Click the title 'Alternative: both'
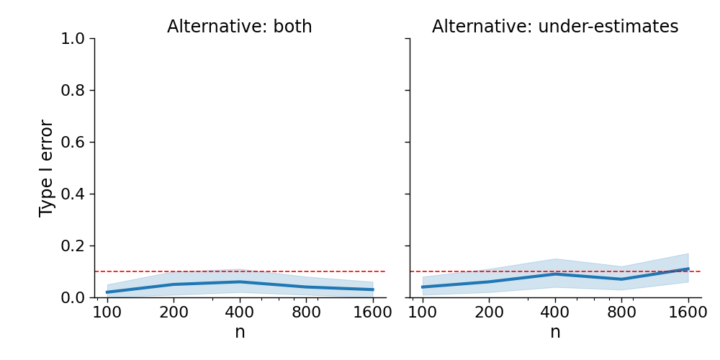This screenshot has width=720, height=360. tap(240, 27)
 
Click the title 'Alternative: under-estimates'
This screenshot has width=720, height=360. tap(555, 27)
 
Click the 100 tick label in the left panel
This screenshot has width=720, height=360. tap(107, 312)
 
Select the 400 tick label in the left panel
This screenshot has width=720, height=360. tap(240, 312)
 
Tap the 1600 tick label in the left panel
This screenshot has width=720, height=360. tap(373, 312)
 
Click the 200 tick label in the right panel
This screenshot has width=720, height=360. tap(489, 312)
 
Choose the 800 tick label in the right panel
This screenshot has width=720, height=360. tap(622, 312)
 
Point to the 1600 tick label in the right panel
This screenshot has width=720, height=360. tap(688, 312)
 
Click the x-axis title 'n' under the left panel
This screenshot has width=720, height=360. tap(240, 332)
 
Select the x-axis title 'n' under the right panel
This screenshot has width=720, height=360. tap(555, 332)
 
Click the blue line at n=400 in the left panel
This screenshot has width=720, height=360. tap(240, 282)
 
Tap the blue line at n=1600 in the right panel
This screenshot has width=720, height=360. tap(688, 269)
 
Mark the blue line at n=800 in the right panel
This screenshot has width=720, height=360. tap(622, 279)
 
